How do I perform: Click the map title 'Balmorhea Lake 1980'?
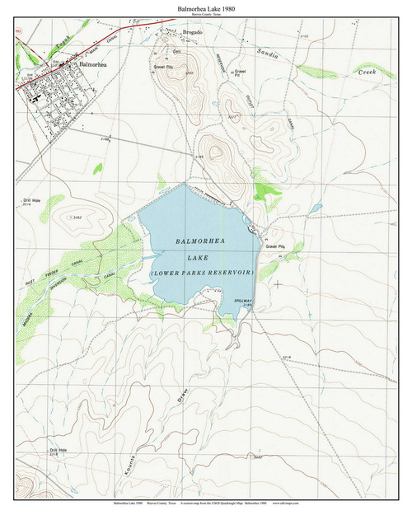(x=205, y=7)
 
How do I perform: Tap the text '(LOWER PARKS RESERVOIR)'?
(x=203, y=271)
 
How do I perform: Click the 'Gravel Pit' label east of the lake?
(x=274, y=246)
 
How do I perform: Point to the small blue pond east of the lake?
(x=316, y=208)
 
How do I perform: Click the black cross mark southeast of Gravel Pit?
(x=277, y=283)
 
